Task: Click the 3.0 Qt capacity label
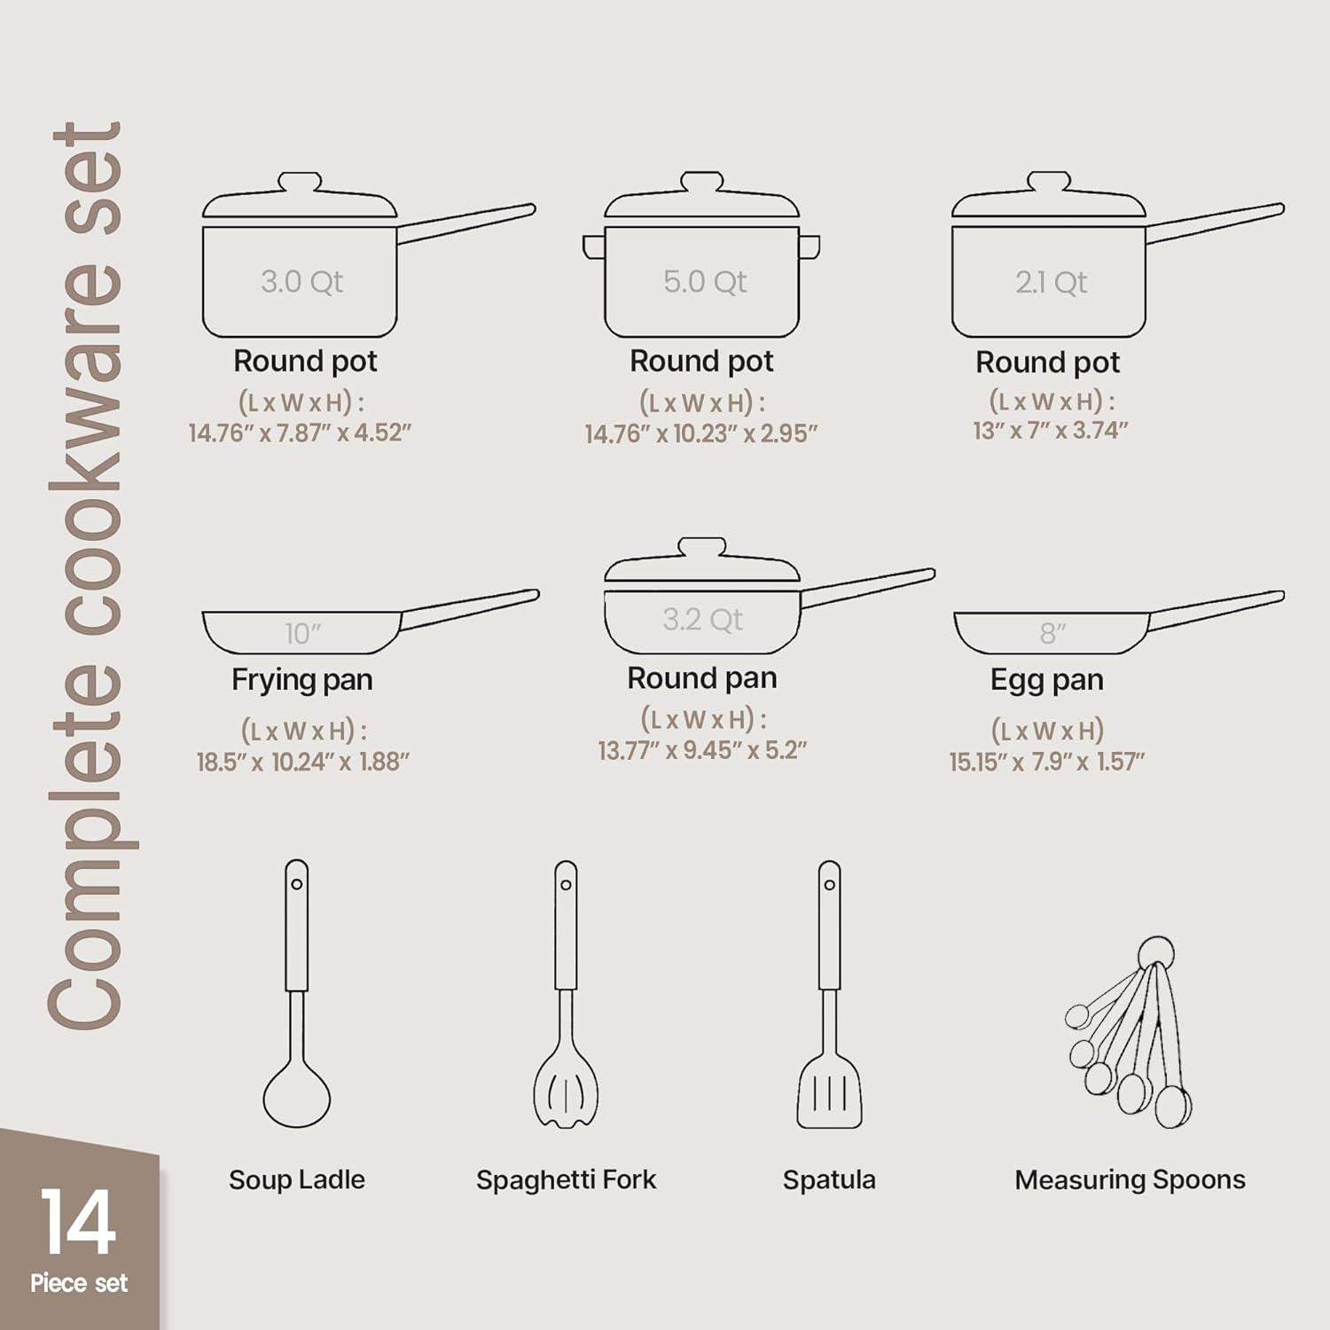tap(301, 282)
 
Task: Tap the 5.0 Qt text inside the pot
tap(705, 282)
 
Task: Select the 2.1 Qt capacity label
tap(1052, 283)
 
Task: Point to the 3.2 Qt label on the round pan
tap(702, 619)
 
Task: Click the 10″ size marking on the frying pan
tap(302, 633)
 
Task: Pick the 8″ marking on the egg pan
tap(1052, 633)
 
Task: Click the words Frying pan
tap(301, 679)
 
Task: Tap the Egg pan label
tap(1046, 679)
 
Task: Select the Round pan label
tap(701, 677)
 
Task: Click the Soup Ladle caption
tap(296, 1179)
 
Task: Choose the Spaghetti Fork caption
tap(566, 1179)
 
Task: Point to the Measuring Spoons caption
tap(1130, 1179)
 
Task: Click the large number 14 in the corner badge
tap(78, 1222)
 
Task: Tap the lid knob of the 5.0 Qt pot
tap(701, 182)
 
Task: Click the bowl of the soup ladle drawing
tap(296, 1096)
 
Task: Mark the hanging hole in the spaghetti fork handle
tap(566, 884)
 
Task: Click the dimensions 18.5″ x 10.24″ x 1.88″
tap(302, 762)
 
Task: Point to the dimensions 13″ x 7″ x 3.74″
tap(1050, 430)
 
